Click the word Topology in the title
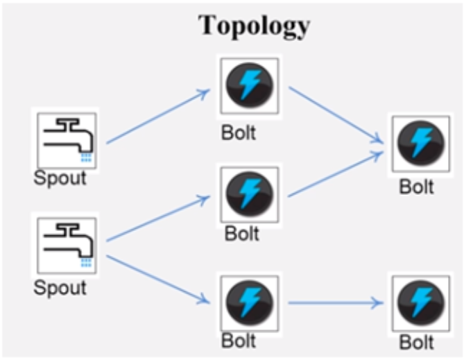coord(254,25)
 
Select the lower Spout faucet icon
coord(67,243)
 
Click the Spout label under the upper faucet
coord(60,178)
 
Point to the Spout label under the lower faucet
coord(60,286)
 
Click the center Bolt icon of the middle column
coord(250,194)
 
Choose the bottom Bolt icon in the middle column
coord(250,303)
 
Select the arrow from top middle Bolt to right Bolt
coord(336,116)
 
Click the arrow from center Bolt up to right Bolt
coord(336,174)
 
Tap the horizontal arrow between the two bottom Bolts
coord(336,303)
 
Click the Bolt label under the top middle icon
coord(239,132)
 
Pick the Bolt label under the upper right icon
coord(416,187)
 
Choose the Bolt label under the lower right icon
coord(416,343)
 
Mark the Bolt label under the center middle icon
coord(241,234)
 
